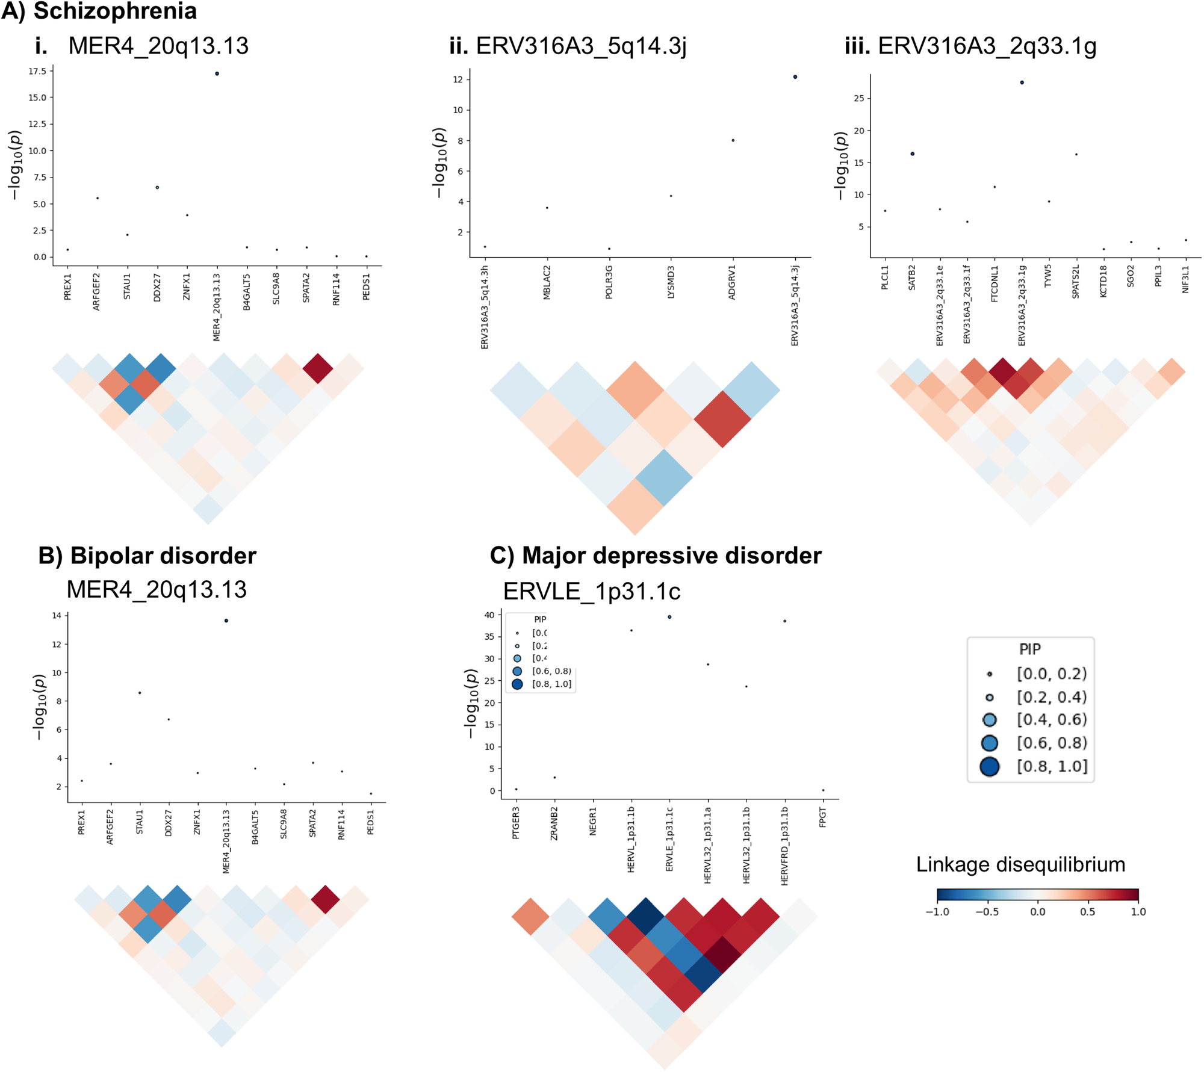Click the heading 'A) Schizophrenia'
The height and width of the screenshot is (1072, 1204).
(99, 11)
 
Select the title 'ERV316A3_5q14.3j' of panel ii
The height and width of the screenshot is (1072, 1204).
(581, 46)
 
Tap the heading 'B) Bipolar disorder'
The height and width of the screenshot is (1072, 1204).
(147, 556)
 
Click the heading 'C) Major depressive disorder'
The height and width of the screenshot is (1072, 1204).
(656, 556)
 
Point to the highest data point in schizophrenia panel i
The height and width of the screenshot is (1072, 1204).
(217, 73)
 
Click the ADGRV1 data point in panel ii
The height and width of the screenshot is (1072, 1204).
(733, 140)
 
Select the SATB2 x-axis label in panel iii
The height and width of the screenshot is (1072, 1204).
(912, 277)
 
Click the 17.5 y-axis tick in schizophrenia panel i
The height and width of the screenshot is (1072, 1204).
(37, 71)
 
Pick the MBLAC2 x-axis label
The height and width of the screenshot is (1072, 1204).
(547, 282)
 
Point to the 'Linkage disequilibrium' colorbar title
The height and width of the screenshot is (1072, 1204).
(1020, 864)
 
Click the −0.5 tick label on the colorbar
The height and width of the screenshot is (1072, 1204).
(987, 912)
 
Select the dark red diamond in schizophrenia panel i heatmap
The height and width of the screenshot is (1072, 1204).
(318, 368)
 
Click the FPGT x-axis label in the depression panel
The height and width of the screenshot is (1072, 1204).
(823, 817)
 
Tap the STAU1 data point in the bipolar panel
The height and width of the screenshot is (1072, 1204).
(140, 693)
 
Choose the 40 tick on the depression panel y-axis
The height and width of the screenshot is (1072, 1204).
(489, 615)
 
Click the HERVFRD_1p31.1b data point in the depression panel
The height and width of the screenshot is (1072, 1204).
(784, 621)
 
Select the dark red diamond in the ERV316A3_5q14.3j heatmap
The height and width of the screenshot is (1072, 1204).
(722, 419)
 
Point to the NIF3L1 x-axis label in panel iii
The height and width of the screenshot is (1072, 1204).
(1185, 279)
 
